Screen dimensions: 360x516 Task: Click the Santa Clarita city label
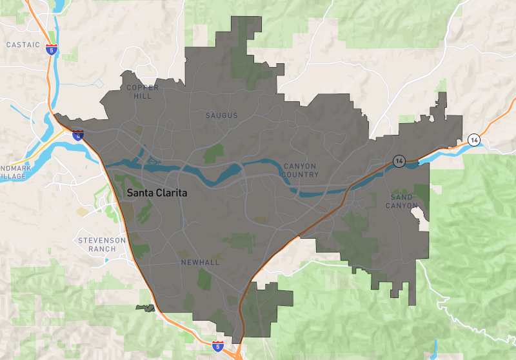[158, 192]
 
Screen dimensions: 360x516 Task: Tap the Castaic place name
[23, 45]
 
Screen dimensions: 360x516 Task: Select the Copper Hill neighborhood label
[143, 92]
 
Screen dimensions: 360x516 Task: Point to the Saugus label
[221, 115]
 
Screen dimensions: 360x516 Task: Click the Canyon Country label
[301, 170]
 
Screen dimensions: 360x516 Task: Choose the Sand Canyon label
[402, 201]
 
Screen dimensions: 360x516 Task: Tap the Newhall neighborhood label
[200, 263]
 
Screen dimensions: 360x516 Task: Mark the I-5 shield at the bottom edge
[218, 346]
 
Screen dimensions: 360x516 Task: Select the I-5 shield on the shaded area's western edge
[78, 135]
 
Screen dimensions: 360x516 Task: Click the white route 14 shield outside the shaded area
[474, 140]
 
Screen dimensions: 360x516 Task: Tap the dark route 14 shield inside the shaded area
[399, 161]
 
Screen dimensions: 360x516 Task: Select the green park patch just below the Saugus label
[213, 154]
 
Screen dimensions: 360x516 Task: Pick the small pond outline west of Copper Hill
[97, 83]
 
